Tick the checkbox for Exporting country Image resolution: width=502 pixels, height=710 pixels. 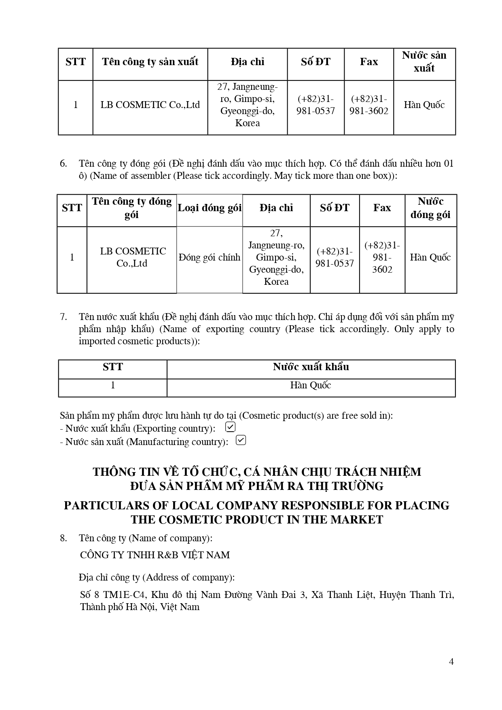pos(230,427)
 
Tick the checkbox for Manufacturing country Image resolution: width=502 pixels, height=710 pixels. pos(241,440)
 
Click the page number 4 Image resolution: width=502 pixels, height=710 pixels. pos(451,661)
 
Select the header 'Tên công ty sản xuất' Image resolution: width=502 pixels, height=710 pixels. pos(150,62)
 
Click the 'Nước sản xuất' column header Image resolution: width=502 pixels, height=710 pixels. pos(424,62)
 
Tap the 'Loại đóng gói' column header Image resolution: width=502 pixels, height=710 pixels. pos(210,208)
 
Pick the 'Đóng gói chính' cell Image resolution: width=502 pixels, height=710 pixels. pos(210,257)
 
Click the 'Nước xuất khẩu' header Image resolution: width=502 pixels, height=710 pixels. pos(311,367)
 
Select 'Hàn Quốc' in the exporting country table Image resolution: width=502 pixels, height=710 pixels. pos(311,385)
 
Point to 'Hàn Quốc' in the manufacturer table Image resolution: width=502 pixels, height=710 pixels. pos(424,105)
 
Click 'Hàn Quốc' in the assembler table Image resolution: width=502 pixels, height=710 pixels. pos(430,257)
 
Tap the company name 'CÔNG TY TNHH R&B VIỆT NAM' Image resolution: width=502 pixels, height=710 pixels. pos(155,555)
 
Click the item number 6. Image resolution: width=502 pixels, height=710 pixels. pos(63,163)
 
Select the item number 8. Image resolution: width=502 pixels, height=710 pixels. pos(63,538)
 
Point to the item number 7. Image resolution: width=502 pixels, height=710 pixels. pos(63,317)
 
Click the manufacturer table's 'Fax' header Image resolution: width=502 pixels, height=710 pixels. pos(369,62)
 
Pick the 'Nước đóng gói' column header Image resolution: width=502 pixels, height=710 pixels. pos(430,208)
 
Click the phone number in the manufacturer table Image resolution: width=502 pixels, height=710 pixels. pos(316,105)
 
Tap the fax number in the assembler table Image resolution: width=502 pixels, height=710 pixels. pos(382,257)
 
